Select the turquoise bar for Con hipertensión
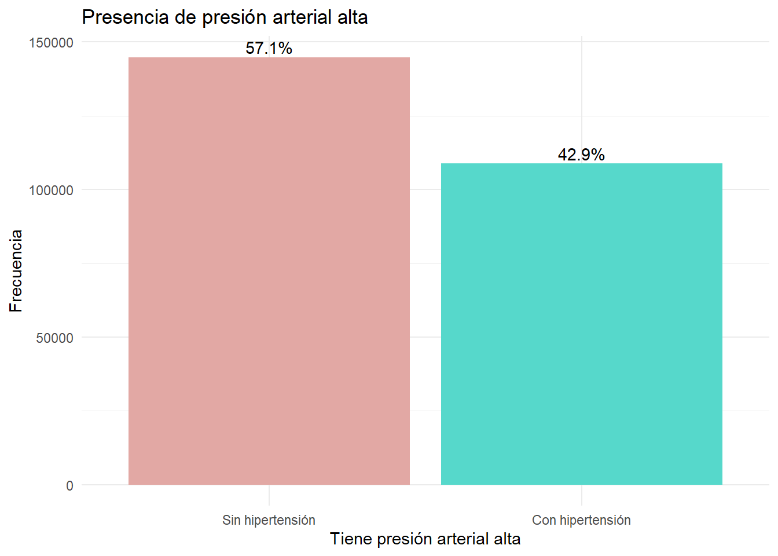(x=581, y=324)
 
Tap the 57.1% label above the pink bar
(x=269, y=48)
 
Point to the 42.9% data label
(x=581, y=155)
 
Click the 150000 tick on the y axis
(x=52, y=43)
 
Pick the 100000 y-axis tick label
(x=52, y=191)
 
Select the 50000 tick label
(x=54, y=338)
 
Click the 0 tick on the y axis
(x=69, y=486)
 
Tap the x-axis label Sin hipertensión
(x=269, y=520)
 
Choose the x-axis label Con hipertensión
(x=581, y=520)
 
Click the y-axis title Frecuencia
(x=16, y=271)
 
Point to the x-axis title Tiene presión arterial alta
(x=425, y=539)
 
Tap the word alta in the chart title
(x=353, y=17)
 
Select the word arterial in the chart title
(x=302, y=17)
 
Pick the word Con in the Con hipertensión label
(x=544, y=520)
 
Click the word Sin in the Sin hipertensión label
(x=231, y=520)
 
